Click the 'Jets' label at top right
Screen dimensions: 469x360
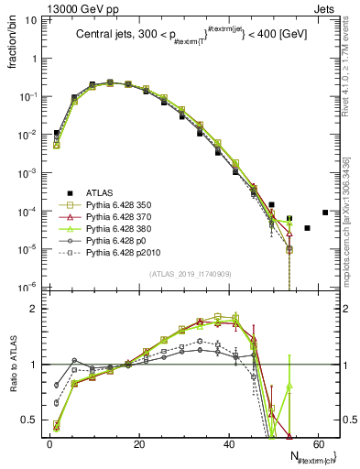(325, 8)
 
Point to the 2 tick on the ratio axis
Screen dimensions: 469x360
(37, 309)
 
